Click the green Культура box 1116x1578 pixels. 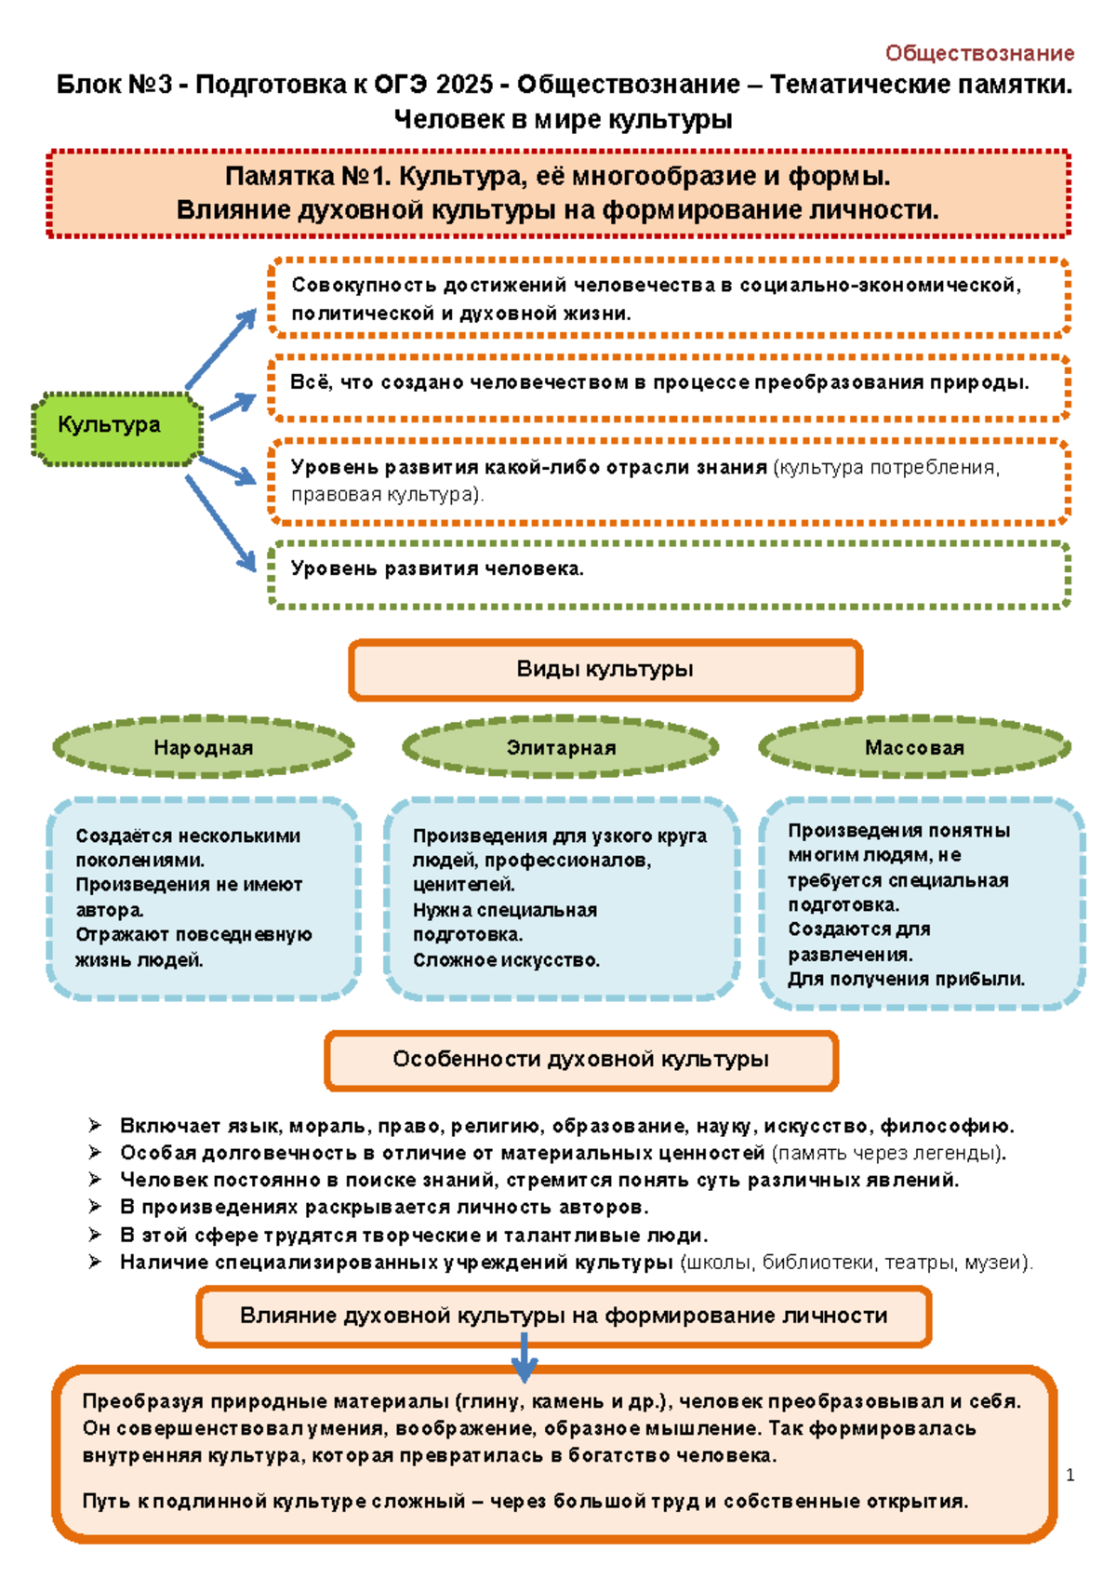point(116,426)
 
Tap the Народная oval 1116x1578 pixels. point(203,747)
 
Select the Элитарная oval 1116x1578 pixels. point(560,747)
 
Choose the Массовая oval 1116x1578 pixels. point(914,747)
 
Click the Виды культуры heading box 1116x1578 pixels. point(604,669)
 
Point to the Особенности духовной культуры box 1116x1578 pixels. point(580,1059)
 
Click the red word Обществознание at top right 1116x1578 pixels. point(979,53)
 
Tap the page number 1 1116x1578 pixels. point(1070,1475)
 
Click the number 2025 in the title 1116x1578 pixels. point(464,85)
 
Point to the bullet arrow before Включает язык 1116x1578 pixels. point(95,1126)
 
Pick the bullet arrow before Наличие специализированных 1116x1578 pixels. point(95,1262)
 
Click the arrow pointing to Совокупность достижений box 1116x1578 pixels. point(221,348)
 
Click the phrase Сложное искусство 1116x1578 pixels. point(506,960)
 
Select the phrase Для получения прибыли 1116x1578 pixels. point(906,979)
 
